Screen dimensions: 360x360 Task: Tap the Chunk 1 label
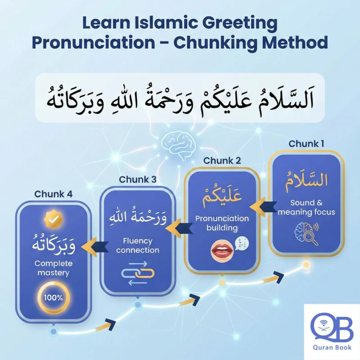(x=306, y=144)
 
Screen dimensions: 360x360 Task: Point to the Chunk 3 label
(x=138, y=180)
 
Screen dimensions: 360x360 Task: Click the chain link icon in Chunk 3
(x=138, y=272)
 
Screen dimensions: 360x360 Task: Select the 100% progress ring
(x=54, y=297)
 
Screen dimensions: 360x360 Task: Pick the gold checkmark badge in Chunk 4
(x=53, y=220)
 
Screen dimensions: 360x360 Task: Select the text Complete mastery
(x=54, y=268)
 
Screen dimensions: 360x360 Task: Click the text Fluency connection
(x=138, y=246)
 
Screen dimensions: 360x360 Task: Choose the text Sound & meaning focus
(x=306, y=207)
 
